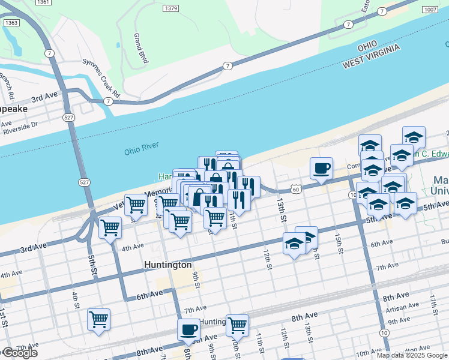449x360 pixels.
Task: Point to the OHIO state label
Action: (x=368, y=46)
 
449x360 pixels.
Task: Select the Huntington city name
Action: (x=168, y=265)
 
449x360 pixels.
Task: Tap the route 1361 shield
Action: (x=43, y=2)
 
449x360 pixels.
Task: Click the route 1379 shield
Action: (x=171, y=8)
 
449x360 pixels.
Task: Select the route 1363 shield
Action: (x=11, y=23)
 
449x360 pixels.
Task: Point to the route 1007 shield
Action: (x=429, y=10)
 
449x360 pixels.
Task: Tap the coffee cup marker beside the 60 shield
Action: (x=322, y=168)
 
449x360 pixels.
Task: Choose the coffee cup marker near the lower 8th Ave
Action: (x=188, y=329)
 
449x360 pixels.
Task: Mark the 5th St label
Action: (x=94, y=263)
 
